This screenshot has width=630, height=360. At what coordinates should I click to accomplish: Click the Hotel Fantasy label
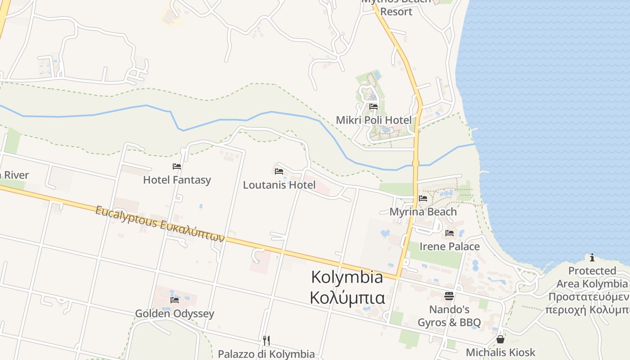[177, 180]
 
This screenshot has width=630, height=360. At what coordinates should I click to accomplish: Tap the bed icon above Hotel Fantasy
[177, 166]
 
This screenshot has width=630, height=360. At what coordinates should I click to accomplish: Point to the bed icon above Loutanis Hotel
[279, 171]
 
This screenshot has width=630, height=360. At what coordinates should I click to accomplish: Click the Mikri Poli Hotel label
[373, 120]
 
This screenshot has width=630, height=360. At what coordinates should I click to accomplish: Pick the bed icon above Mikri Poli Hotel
[373, 107]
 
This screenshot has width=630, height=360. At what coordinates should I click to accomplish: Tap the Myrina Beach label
[423, 211]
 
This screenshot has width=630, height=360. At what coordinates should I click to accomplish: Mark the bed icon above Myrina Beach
[423, 198]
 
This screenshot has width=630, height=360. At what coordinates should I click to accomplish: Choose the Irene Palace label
[450, 247]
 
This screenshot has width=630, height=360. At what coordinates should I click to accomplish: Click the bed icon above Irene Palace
[450, 233]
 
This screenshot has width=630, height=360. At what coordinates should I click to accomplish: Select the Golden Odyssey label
[175, 314]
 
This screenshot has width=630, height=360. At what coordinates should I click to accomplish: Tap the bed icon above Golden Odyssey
[175, 300]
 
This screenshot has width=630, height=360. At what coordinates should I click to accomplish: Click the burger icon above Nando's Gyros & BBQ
[449, 296]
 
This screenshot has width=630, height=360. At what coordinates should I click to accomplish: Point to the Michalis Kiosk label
[500, 352]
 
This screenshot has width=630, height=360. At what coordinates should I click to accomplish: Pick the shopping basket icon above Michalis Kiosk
[500, 339]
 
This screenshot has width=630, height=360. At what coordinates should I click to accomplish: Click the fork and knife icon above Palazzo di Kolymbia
[266, 340]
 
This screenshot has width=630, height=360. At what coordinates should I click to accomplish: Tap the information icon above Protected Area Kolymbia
[592, 257]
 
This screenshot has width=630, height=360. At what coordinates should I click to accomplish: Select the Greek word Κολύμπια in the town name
[347, 297]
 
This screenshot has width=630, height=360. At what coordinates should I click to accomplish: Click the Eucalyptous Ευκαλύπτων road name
[160, 224]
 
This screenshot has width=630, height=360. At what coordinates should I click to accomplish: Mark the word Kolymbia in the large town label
[347, 277]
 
